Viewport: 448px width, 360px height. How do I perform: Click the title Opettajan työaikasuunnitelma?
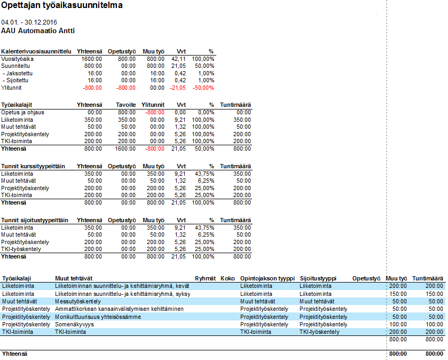point(62,6)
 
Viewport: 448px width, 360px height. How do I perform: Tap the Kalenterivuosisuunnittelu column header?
point(36,51)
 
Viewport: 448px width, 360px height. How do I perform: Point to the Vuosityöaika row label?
point(17,59)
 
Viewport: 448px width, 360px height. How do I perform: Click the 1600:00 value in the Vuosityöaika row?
point(92,59)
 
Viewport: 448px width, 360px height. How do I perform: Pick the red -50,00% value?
point(203,88)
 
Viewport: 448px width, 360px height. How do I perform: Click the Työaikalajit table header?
point(20,105)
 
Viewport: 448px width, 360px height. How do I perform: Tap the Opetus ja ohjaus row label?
point(23,113)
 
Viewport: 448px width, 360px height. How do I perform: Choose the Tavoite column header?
point(125,105)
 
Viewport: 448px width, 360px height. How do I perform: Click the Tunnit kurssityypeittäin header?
point(33,166)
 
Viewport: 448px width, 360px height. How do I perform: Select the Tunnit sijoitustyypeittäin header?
point(35,220)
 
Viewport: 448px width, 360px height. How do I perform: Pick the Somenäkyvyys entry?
point(73,324)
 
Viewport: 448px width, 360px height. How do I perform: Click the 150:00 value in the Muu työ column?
point(398,294)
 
